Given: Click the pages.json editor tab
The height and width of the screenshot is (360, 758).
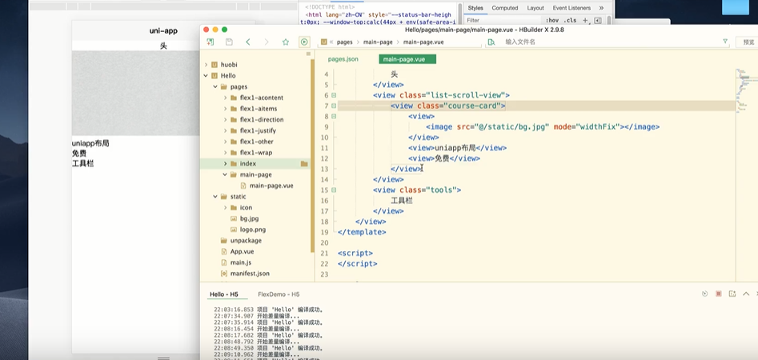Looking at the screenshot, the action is pyautogui.click(x=343, y=59).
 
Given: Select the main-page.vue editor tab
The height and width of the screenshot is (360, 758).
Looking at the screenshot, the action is pyautogui.click(x=404, y=59).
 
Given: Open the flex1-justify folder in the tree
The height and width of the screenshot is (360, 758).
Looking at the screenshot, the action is pyautogui.click(x=258, y=130).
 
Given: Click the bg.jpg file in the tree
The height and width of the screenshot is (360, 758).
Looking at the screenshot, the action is pyautogui.click(x=249, y=218).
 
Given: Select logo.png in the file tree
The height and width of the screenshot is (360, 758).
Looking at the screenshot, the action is pyautogui.click(x=252, y=229).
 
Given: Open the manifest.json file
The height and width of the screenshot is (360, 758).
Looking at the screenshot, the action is pyautogui.click(x=250, y=274).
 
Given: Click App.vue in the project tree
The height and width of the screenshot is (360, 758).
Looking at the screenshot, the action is pyautogui.click(x=242, y=251).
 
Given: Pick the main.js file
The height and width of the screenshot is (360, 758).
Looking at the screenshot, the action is pyautogui.click(x=241, y=262).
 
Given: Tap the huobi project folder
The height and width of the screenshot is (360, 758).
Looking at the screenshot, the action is pyautogui.click(x=228, y=65).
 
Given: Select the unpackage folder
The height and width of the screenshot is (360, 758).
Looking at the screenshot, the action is pyautogui.click(x=246, y=240).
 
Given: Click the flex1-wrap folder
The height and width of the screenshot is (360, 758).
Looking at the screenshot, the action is pyautogui.click(x=255, y=153).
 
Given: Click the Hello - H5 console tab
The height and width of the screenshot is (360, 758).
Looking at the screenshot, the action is pyautogui.click(x=224, y=294).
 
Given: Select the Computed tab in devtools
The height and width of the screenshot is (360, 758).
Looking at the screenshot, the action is pyautogui.click(x=505, y=8).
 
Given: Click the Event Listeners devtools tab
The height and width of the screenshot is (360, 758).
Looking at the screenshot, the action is pyautogui.click(x=572, y=8).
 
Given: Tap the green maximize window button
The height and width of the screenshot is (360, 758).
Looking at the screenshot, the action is pyautogui.click(x=224, y=30).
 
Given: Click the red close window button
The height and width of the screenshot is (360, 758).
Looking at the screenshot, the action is pyautogui.click(x=206, y=30).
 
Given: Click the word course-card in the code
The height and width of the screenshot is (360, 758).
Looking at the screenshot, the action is pyautogui.click(x=479, y=106).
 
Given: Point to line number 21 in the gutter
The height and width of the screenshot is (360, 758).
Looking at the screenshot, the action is pyautogui.click(x=324, y=253).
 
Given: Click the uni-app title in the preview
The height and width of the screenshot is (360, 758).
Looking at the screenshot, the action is pyautogui.click(x=163, y=30).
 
